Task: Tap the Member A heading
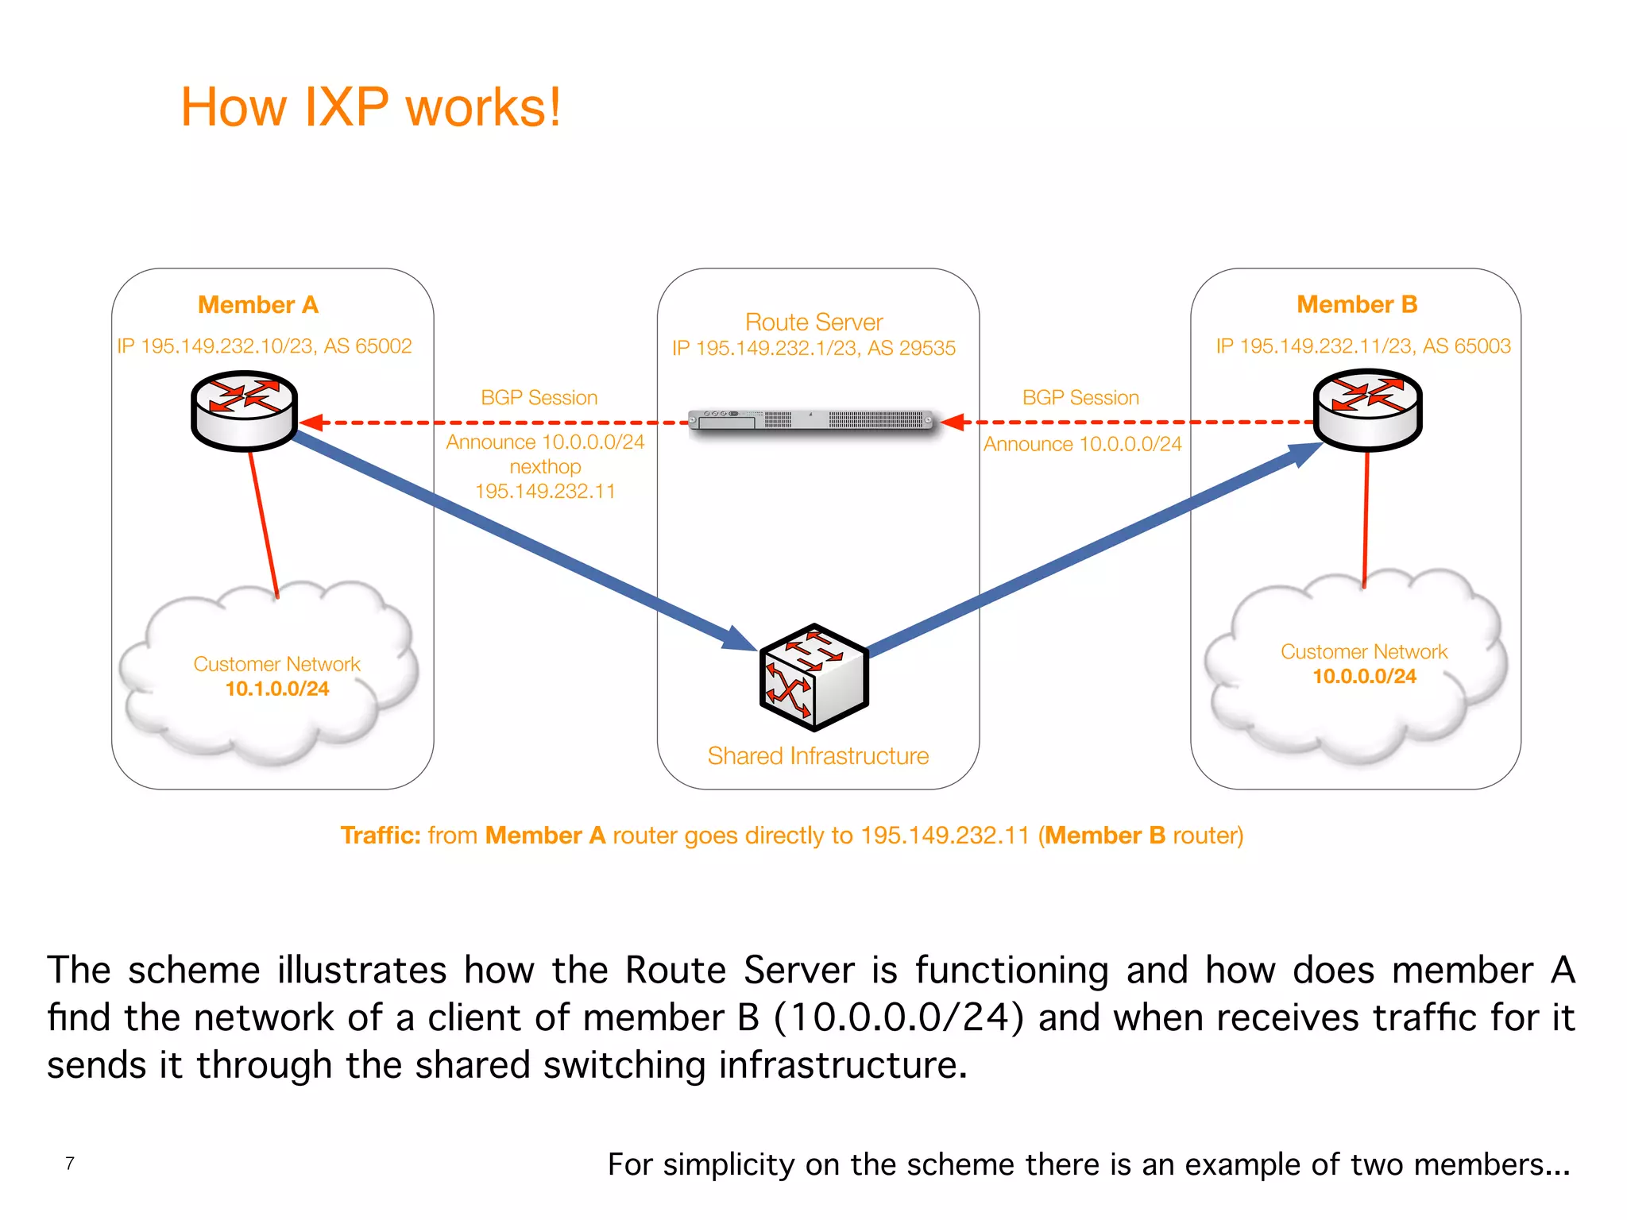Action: (257, 305)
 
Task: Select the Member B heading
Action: (1356, 304)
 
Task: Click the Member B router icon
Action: (1366, 409)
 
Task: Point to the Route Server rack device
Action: (810, 419)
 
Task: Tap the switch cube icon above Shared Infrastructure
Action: (813, 678)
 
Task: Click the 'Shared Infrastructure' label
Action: (817, 755)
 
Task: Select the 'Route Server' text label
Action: (813, 322)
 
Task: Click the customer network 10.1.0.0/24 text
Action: (276, 689)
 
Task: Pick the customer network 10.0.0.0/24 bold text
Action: (1363, 676)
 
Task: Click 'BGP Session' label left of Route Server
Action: (539, 397)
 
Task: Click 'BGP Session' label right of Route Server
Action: (1080, 397)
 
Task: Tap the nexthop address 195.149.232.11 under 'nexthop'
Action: (545, 491)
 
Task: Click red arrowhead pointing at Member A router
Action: (311, 423)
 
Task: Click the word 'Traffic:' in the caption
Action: (380, 835)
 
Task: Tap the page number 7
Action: (70, 1164)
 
